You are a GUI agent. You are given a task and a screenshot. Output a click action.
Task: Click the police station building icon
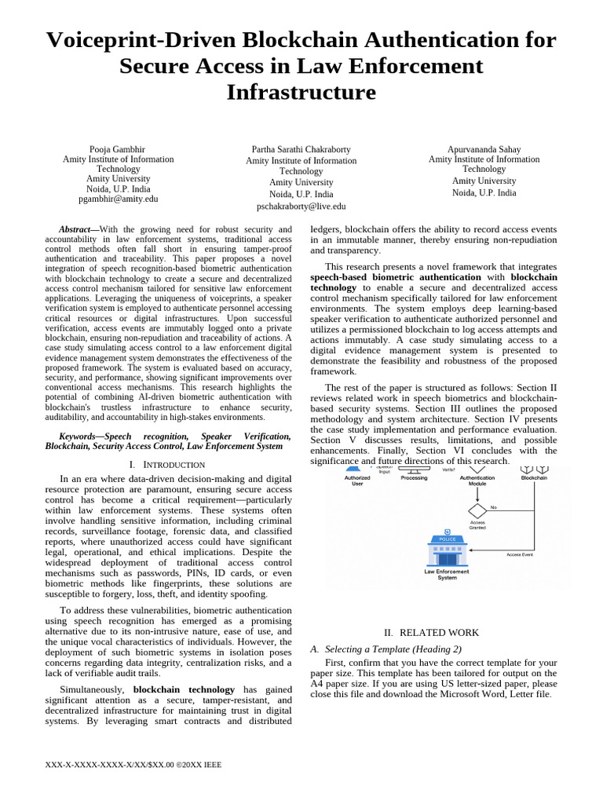[x=447, y=550]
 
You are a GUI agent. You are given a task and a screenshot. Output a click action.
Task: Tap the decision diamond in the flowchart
[x=477, y=510]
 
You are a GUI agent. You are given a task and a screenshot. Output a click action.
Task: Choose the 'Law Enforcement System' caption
[x=447, y=574]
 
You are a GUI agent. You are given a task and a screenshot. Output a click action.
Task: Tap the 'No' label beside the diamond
[x=494, y=507]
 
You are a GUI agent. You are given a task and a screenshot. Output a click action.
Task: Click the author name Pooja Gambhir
[x=118, y=149]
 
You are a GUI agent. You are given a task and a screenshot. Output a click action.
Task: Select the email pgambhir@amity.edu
[x=119, y=199]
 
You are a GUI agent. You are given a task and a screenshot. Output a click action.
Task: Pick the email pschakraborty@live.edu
[x=301, y=206]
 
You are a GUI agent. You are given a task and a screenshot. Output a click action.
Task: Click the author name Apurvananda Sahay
[x=484, y=149]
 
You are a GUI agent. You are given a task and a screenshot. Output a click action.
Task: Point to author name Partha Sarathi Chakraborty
[x=301, y=149]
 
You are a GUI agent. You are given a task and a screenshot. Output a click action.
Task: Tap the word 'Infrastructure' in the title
[x=301, y=92]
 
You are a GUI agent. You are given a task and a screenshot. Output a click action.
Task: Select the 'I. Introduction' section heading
[x=166, y=464]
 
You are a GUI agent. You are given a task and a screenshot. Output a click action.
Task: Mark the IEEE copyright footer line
[x=135, y=764]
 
